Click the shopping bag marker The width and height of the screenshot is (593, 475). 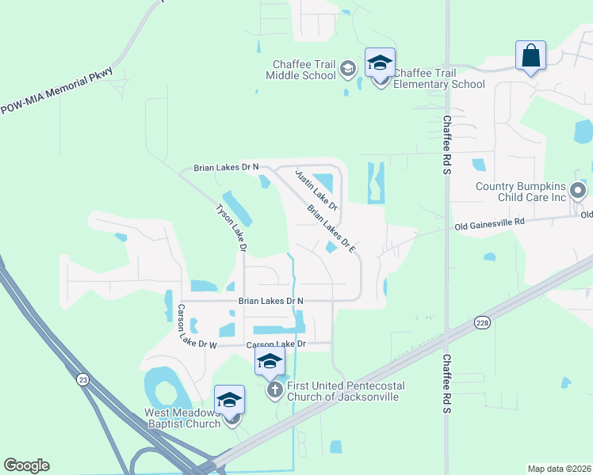tap(530, 55)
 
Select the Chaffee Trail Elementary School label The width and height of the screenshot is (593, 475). tap(438, 78)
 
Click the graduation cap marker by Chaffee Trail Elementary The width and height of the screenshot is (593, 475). tap(380, 63)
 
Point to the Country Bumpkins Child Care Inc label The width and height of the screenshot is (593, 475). tap(521, 192)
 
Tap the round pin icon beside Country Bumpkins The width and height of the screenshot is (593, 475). tap(579, 191)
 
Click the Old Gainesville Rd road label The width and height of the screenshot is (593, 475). tap(490, 226)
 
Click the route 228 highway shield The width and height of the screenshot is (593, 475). tap(481, 322)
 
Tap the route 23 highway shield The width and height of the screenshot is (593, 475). tap(83, 380)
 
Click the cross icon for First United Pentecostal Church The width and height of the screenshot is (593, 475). tap(274, 390)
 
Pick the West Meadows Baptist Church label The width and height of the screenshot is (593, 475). tap(182, 418)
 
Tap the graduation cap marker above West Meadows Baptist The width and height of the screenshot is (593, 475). tap(229, 401)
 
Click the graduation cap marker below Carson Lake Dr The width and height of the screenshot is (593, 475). tap(270, 363)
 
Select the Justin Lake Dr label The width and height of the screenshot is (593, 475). tap(316, 190)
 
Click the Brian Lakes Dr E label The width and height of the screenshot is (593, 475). tap(332, 230)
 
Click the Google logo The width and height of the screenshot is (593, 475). tap(26, 465)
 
